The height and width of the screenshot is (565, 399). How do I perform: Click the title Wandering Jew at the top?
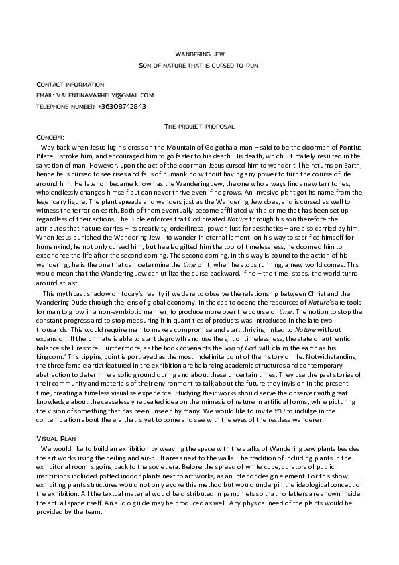click(199, 53)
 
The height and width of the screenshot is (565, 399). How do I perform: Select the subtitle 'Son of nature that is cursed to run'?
click(199, 65)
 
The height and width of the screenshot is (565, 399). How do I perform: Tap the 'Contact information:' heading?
click(70, 85)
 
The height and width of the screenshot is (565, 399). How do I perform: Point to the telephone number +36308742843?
click(121, 106)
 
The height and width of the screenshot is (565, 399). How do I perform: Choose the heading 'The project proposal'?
click(199, 126)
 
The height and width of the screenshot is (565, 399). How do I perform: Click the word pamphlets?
click(237, 491)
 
